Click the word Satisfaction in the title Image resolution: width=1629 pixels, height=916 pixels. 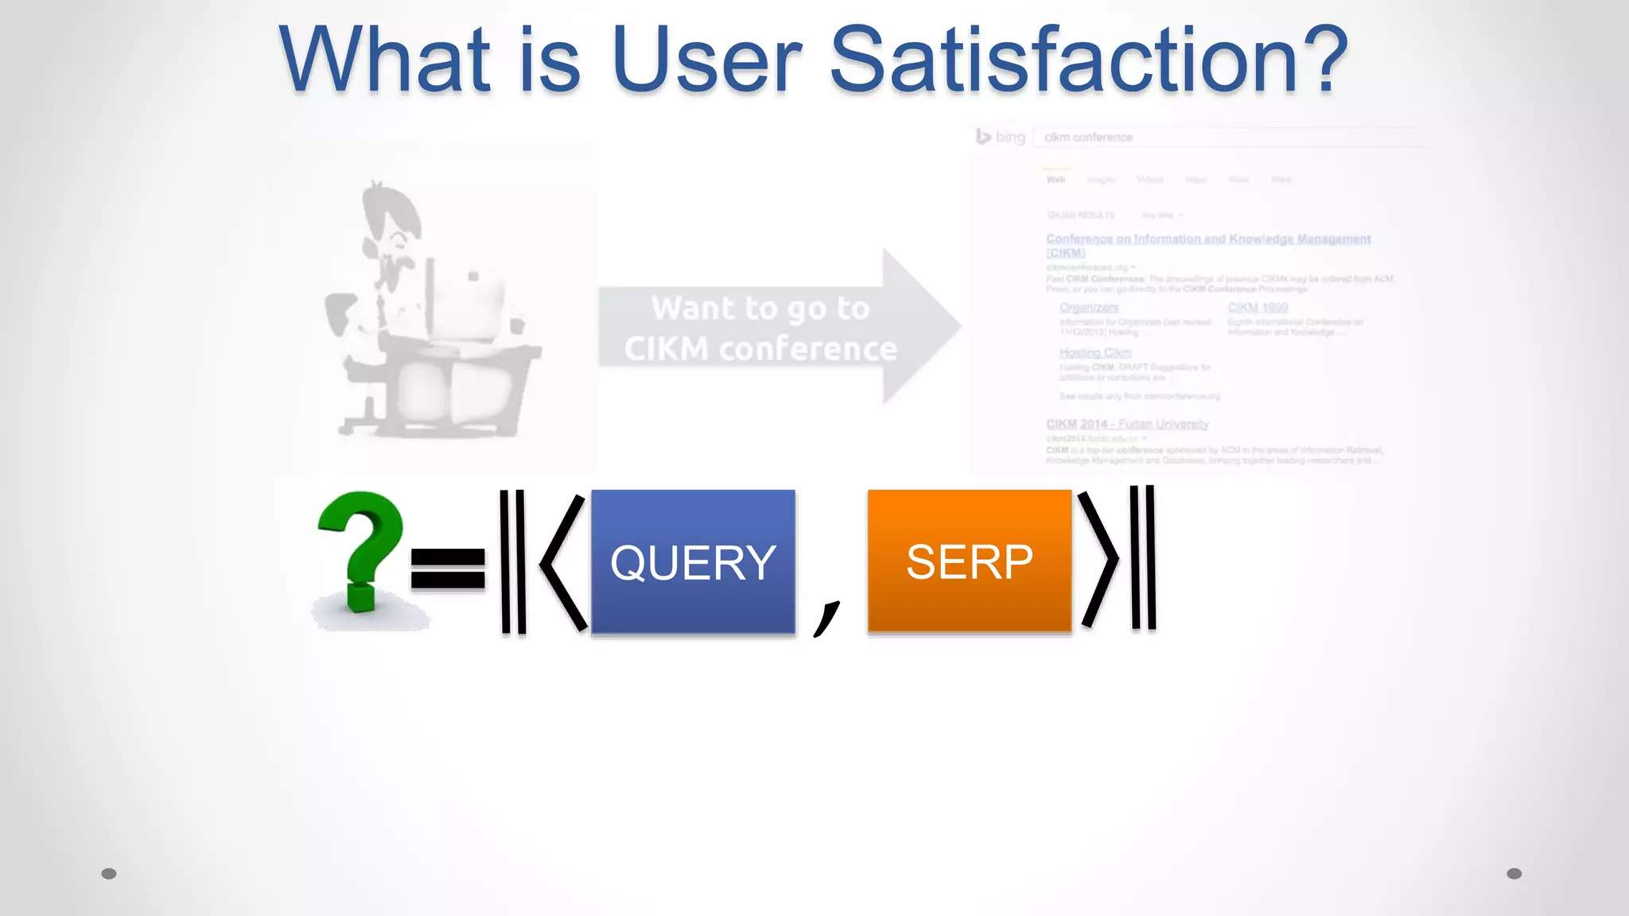coord(1088,60)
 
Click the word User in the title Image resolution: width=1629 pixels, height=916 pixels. coord(706,60)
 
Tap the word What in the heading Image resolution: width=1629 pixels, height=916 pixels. coord(385,60)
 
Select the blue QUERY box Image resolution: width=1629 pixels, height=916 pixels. coord(693,561)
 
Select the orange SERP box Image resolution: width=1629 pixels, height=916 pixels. coord(969,561)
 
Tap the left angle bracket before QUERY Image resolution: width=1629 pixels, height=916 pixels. coord(563,561)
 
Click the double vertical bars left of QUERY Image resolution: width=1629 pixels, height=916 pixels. coord(513,561)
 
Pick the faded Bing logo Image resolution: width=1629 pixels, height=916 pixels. coord(1001,137)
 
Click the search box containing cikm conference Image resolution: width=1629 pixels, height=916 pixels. coord(1225,138)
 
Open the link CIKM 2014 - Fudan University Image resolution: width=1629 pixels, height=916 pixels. coord(1126,424)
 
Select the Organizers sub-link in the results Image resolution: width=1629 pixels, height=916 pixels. coord(1088,307)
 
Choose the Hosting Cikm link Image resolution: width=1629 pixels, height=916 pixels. coord(1094,352)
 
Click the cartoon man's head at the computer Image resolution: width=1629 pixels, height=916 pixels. coord(391,223)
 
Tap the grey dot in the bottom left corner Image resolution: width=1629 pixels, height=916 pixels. coord(109,873)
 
